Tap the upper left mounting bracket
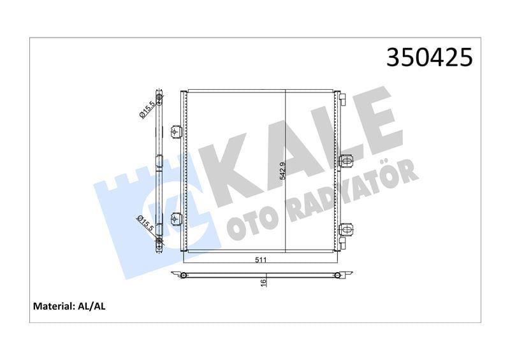pyautogui.click(x=177, y=132)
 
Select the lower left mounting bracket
pyautogui.click(x=177, y=220)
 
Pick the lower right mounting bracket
pyautogui.click(x=346, y=231)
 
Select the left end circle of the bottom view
pyautogui.click(x=184, y=275)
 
